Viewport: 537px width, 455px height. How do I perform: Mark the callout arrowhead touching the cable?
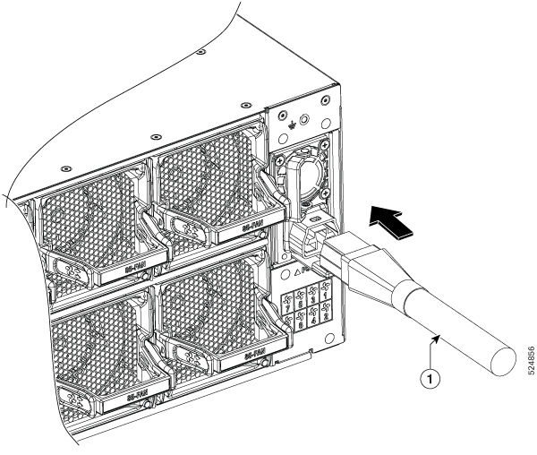click(437, 337)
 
